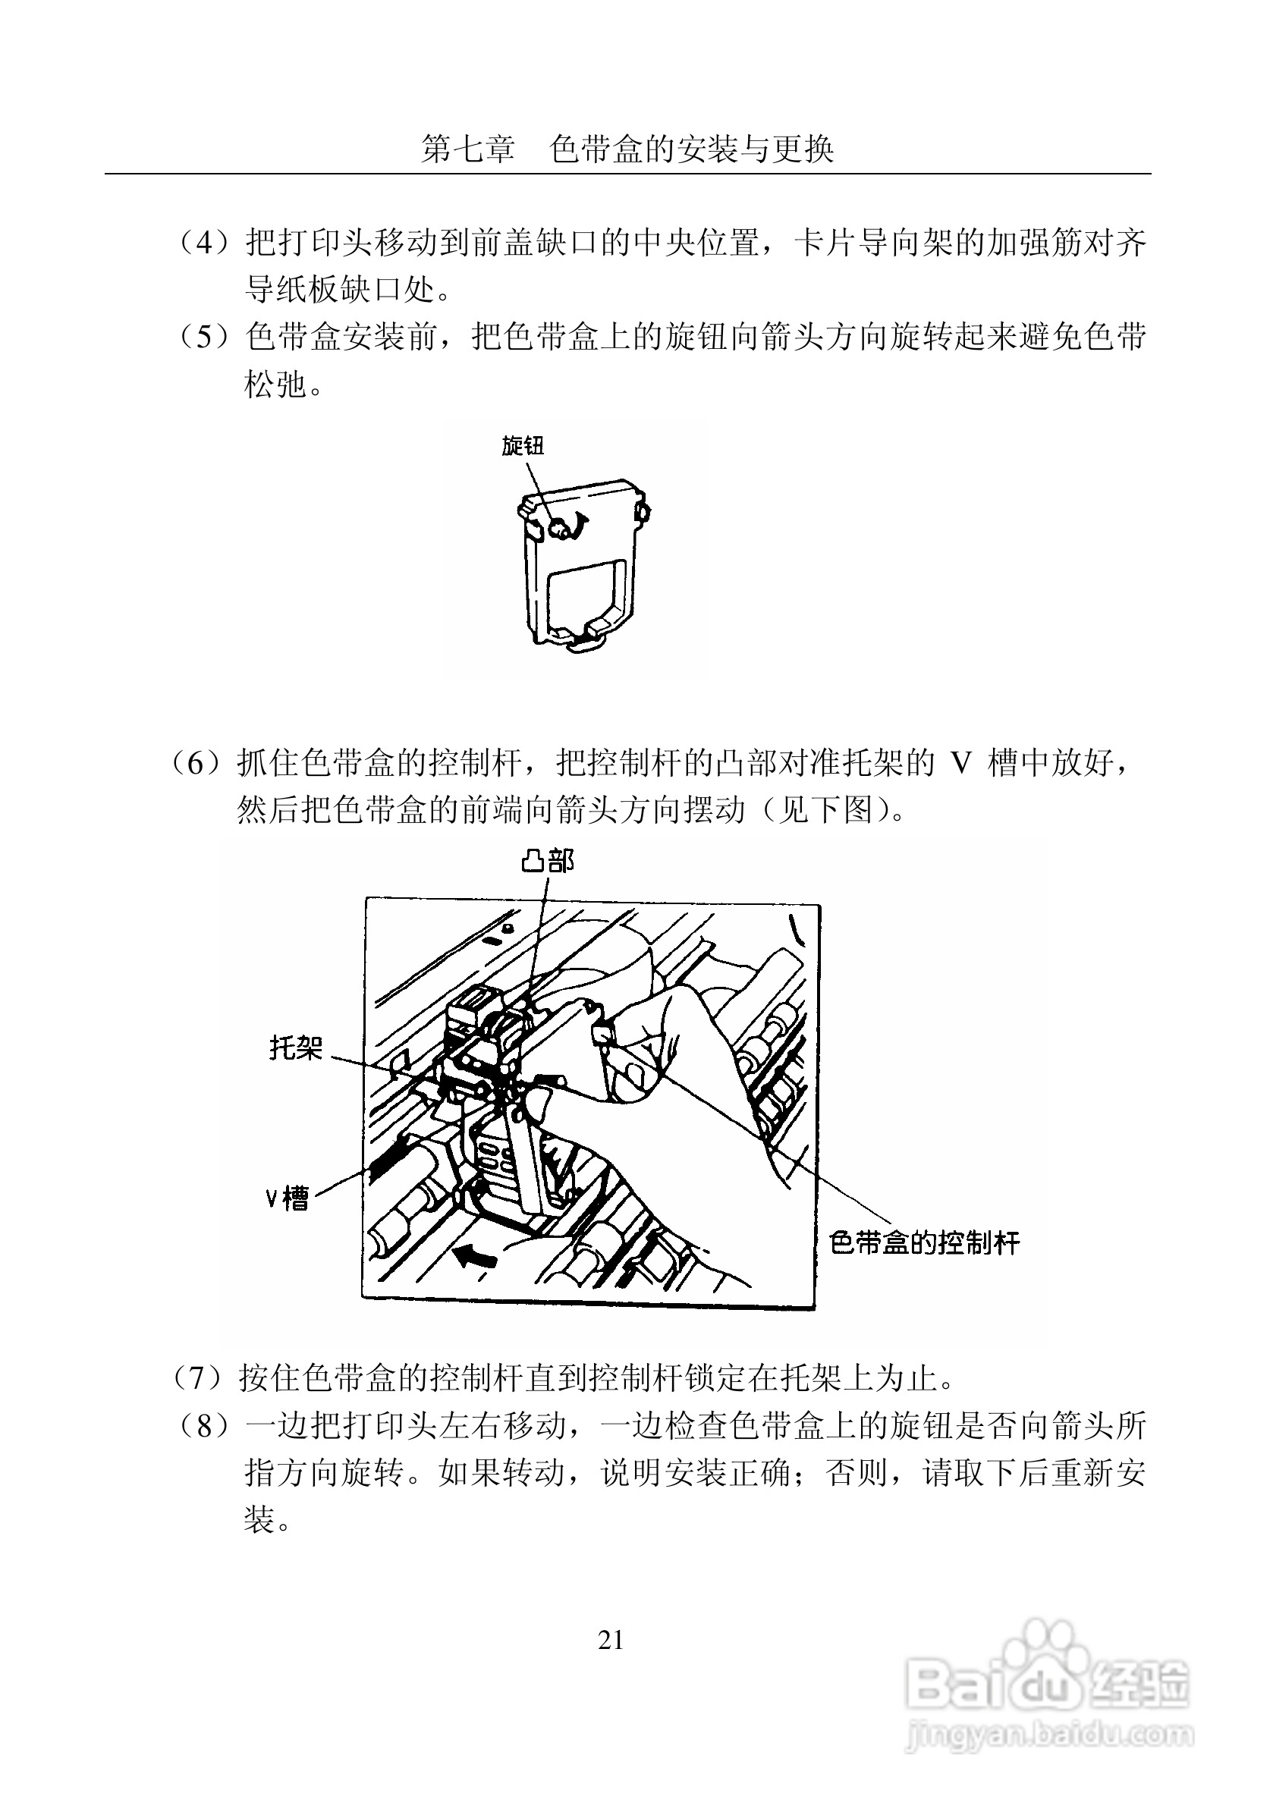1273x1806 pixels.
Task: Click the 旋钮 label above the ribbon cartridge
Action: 523,446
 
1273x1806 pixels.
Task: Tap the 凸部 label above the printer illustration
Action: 548,862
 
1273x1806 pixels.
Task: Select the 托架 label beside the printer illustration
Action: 296,1047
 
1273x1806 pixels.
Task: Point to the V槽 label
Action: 286,1198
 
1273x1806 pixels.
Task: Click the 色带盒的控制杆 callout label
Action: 925,1242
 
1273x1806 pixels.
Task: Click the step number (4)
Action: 204,242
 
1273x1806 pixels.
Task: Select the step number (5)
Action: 204,337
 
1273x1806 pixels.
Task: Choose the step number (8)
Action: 204,1425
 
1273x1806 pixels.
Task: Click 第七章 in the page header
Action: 467,149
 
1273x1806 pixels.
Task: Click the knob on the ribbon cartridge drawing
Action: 558,527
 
